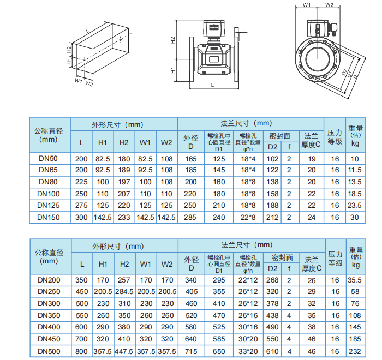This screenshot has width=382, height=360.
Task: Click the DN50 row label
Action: click(48, 159)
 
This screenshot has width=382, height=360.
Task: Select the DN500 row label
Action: click(49, 351)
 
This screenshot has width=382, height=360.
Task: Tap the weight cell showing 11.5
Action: click(355, 170)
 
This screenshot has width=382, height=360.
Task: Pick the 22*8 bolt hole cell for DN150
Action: click(248, 217)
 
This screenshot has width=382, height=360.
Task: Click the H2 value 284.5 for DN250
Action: click(124, 292)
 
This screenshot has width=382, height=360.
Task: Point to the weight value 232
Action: click(355, 351)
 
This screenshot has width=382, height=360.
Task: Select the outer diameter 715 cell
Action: click(191, 351)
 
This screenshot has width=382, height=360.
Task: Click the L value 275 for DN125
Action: click(81, 205)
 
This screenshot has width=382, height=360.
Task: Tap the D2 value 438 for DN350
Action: click(272, 315)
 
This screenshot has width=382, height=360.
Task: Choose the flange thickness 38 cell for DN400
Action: click(312, 327)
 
